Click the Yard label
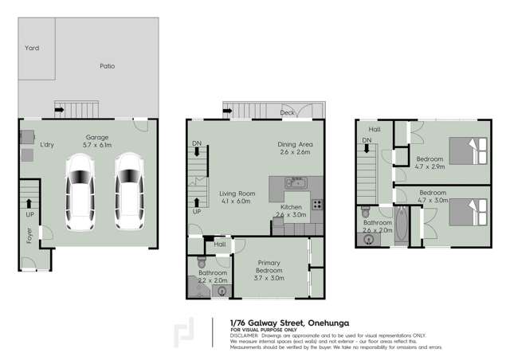click(x=31, y=49)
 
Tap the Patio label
click(x=107, y=66)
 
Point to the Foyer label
click(x=29, y=236)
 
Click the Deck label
click(x=287, y=113)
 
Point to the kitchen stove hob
click(x=316, y=203)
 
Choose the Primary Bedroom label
click(x=269, y=266)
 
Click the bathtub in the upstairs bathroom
click(x=401, y=226)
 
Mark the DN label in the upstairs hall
click(x=367, y=141)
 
